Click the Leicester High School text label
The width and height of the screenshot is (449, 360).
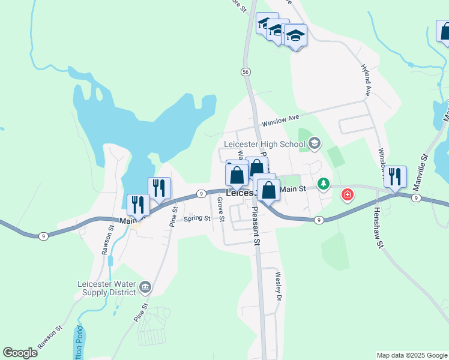265,144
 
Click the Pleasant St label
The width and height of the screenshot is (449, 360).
256,226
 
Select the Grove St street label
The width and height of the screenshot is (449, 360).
220,209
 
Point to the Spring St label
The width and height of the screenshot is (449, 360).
196,218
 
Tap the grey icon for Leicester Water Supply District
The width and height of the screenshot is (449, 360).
145,289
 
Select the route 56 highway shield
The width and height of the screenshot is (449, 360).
246,72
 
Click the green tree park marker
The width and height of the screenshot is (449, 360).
324,183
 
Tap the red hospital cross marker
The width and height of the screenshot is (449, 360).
348,194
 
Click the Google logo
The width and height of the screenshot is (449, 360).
20,353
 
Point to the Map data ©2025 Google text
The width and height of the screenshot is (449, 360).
412,355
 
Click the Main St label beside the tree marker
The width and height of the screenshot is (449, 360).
294,189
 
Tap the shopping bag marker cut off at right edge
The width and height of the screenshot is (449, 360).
444,32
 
